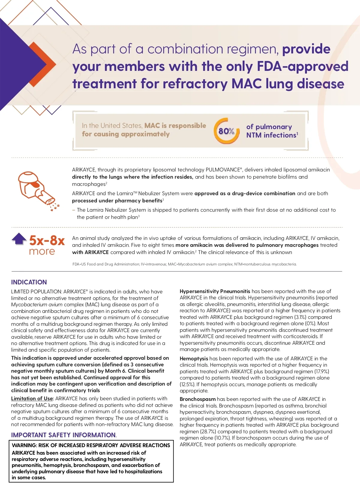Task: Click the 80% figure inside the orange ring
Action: [x=226, y=131]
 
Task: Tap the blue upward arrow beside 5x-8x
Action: [x=19, y=239]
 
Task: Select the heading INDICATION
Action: [x=29, y=282]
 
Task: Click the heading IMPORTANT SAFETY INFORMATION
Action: [x=63, y=435]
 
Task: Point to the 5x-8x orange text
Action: [x=47, y=241]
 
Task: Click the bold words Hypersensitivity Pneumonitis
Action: [x=215, y=291]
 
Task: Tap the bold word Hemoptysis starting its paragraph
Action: [x=194, y=359]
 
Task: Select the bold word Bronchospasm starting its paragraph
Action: [x=198, y=399]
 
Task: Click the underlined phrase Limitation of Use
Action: [x=32, y=398]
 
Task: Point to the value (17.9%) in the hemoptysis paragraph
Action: [x=322, y=371]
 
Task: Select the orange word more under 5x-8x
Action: [x=42, y=251]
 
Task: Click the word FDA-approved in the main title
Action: [x=303, y=66]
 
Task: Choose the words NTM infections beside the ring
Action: [x=271, y=135]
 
